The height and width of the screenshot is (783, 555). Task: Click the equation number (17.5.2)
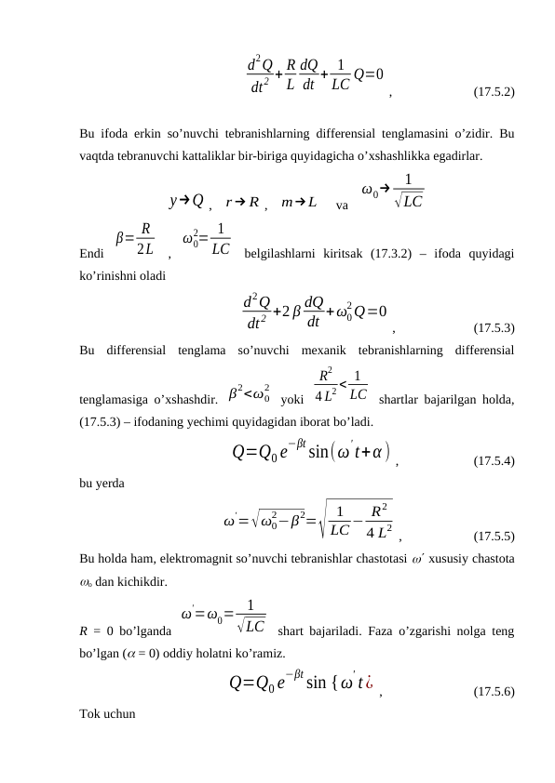coord(494,92)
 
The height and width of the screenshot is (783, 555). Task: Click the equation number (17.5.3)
coord(494,327)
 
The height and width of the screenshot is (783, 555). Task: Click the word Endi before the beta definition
coord(92,251)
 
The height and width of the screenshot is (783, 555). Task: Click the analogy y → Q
coord(186,200)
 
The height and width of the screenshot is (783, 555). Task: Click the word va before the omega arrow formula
coord(342,204)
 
